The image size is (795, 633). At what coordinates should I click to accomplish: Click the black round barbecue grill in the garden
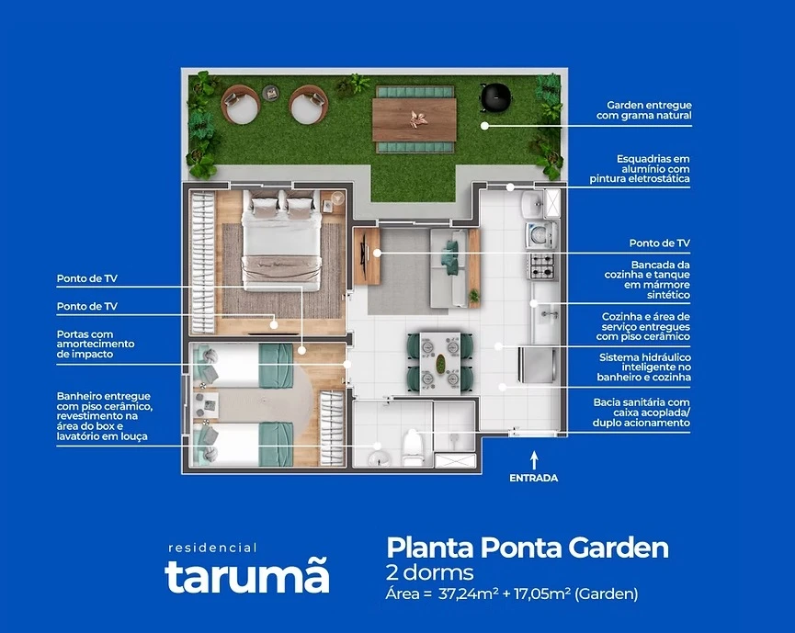[495, 93]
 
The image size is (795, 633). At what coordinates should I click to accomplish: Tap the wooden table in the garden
[414, 119]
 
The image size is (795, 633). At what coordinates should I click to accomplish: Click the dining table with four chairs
[440, 357]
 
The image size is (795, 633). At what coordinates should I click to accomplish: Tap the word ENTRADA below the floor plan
[533, 478]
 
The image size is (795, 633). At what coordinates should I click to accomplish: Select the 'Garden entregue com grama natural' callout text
[649, 111]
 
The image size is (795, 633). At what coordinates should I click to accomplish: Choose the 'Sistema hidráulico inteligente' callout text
[644, 367]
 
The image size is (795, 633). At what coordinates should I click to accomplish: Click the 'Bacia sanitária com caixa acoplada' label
[641, 413]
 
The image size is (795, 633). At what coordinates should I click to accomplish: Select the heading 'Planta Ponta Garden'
[527, 548]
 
